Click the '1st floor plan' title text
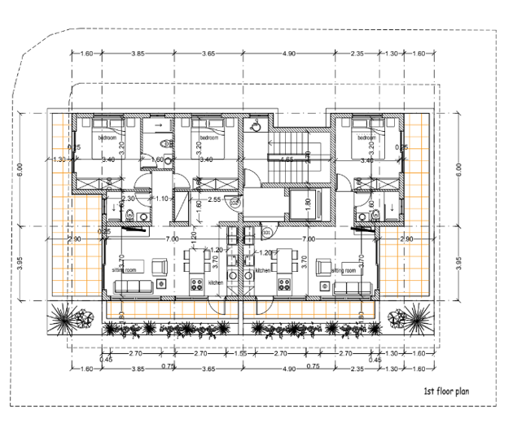[450, 391]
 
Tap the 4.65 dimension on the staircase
[287, 160]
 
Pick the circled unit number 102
[234, 202]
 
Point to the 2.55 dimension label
[215, 199]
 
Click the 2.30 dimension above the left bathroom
[128, 199]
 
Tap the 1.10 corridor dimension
[161, 199]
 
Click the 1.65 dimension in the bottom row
[241, 354]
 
